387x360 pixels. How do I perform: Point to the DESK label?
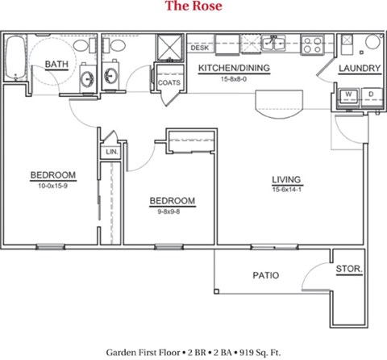[x=199, y=48]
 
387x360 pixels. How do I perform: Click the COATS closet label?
[x=169, y=82]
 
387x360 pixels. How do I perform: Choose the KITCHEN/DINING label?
[x=233, y=69]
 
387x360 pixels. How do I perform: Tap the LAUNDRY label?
[x=360, y=69]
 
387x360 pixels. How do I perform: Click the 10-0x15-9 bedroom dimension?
[x=53, y=186]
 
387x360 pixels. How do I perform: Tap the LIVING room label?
[x=285, y=178]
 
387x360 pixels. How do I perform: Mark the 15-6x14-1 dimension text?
[x=285, y=188]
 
